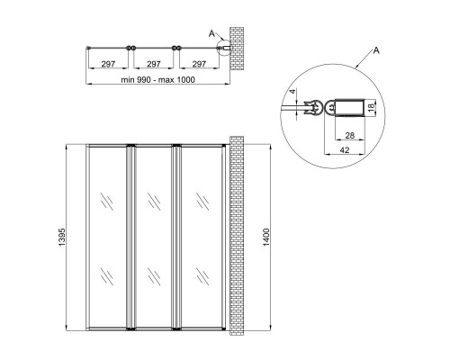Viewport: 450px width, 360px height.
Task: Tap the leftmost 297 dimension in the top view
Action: point(108,64)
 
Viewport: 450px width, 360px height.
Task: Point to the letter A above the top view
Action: point(211,33)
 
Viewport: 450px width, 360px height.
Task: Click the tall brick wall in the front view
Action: point(238,236)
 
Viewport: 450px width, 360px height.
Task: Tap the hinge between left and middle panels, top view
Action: point(131,47)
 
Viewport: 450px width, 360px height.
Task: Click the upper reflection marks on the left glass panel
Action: point(108,201)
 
